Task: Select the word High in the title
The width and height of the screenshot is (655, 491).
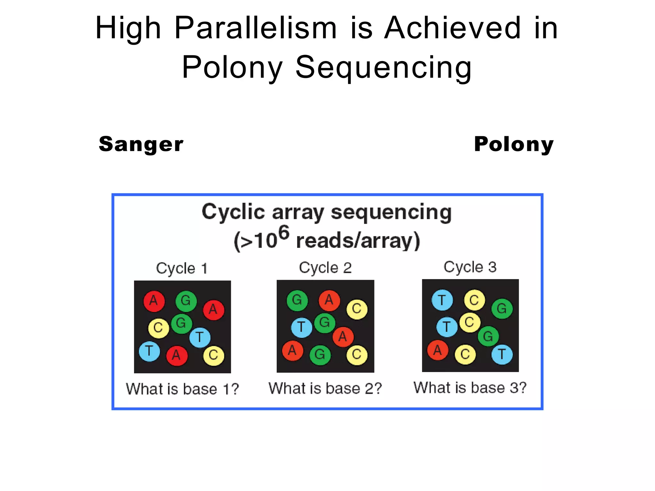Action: (128, 29)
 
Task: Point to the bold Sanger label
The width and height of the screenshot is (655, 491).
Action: (141, 144)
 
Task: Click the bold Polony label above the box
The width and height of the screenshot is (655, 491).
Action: (514, 144)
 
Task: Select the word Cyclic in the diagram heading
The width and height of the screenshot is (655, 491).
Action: (233, 212)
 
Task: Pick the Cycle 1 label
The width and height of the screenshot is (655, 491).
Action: (182, 268)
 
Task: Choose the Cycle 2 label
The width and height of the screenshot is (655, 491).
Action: (325, 268)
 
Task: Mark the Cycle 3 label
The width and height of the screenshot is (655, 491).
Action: (470, 267)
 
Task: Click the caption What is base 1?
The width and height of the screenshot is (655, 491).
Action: (182, 389)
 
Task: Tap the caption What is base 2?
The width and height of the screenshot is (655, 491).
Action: (325, 388)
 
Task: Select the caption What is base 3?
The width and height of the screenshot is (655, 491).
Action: (470, 388)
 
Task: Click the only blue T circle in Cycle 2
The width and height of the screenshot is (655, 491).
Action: (302, 327)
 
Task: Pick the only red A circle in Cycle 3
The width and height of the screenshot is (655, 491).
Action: (438, 350)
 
